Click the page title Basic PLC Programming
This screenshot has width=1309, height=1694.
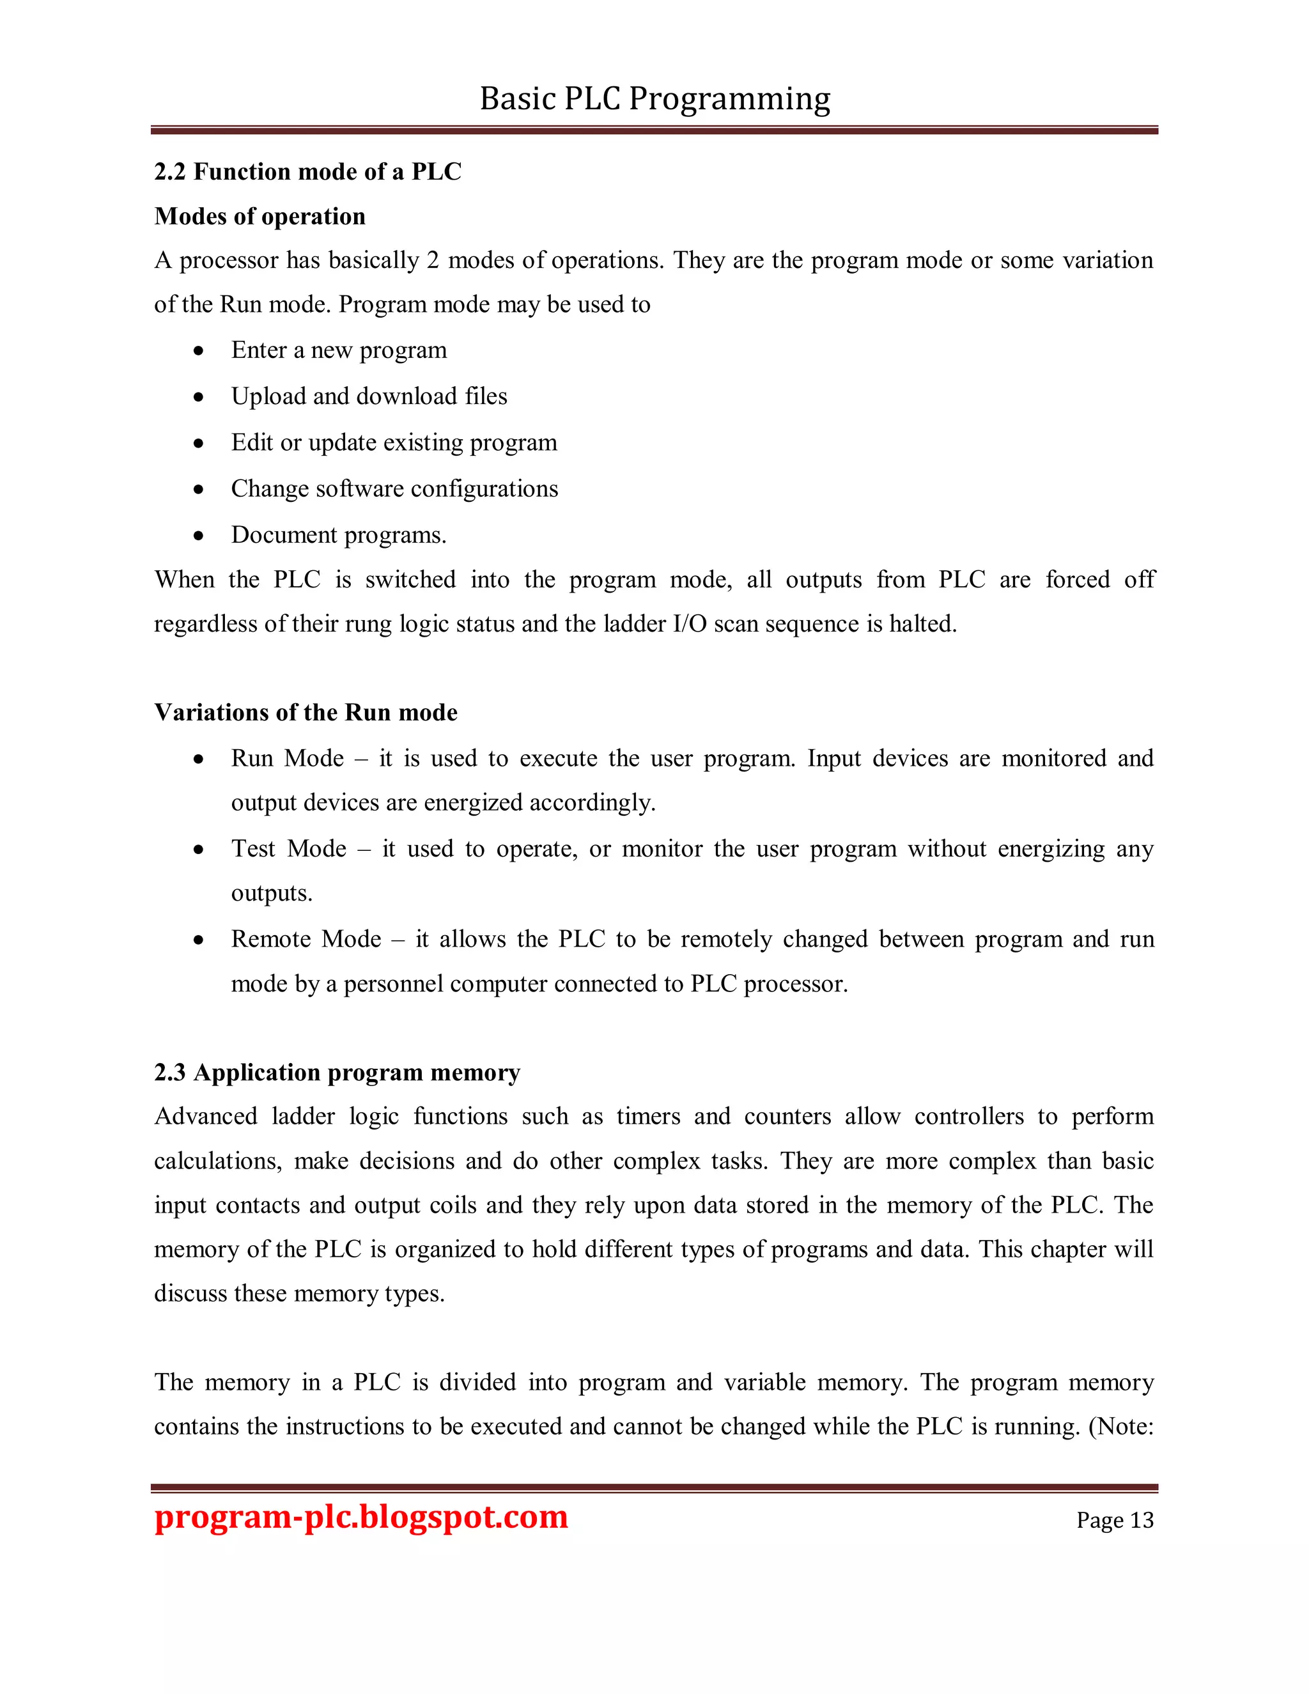point(654,99)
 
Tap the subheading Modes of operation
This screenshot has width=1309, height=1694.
point(259,217)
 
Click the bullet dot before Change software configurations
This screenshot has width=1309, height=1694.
point(199,490)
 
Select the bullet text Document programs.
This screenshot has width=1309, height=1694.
point(338,535)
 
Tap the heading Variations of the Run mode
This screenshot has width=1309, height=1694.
point(306,712)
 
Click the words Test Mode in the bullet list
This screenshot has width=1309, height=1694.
point(288,848)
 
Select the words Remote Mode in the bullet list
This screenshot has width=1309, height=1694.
point(306,939)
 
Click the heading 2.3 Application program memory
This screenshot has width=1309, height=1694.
point(337,1072)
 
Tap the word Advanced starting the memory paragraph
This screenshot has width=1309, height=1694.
point(206,1116)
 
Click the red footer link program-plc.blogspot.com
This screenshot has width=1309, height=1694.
point(360,1517)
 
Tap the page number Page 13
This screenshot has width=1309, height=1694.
point(1114,1520)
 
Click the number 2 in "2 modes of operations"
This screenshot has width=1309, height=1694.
point(433,261)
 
